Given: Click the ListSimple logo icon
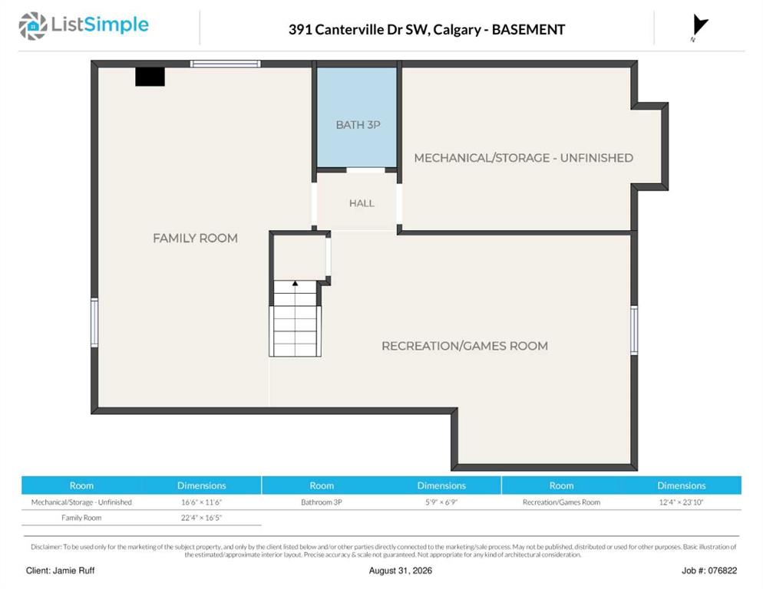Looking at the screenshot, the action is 33,26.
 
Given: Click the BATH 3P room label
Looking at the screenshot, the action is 358,125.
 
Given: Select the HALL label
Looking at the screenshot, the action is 362,203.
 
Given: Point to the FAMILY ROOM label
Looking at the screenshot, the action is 195,239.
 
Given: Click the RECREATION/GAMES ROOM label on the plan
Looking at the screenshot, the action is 464,346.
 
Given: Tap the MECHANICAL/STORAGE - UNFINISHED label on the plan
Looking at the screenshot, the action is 524,158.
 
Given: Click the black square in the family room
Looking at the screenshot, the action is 150,77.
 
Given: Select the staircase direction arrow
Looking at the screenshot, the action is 295,283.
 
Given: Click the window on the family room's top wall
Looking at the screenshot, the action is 226,64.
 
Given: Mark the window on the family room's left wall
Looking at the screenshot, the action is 94,322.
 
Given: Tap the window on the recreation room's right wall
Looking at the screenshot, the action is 634,331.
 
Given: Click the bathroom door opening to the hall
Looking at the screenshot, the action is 365,170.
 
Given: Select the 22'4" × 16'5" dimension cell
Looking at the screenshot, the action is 201,518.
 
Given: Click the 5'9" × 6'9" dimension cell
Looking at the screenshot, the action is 441,502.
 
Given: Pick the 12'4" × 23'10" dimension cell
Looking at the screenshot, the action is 682,502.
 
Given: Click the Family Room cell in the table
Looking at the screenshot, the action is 81,518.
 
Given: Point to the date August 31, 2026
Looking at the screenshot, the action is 401,571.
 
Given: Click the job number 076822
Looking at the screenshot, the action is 722,571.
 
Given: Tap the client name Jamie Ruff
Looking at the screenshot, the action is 74,571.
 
